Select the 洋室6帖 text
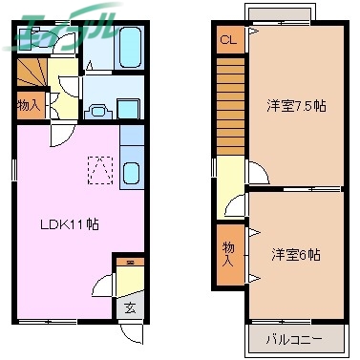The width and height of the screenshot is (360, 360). pyautogui.click(x=294, y=255)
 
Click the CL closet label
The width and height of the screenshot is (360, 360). pyautogui.click(x=227, y=40)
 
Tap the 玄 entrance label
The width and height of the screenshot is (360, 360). pyautogui.click(x=129, y=307)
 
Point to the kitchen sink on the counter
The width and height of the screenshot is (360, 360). pyautogui.click(x=131, y=176)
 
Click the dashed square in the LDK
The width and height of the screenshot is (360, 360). pyautogui.click(x=99, y=169)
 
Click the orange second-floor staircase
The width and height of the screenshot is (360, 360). pyautogui.click(x=231, y=105)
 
